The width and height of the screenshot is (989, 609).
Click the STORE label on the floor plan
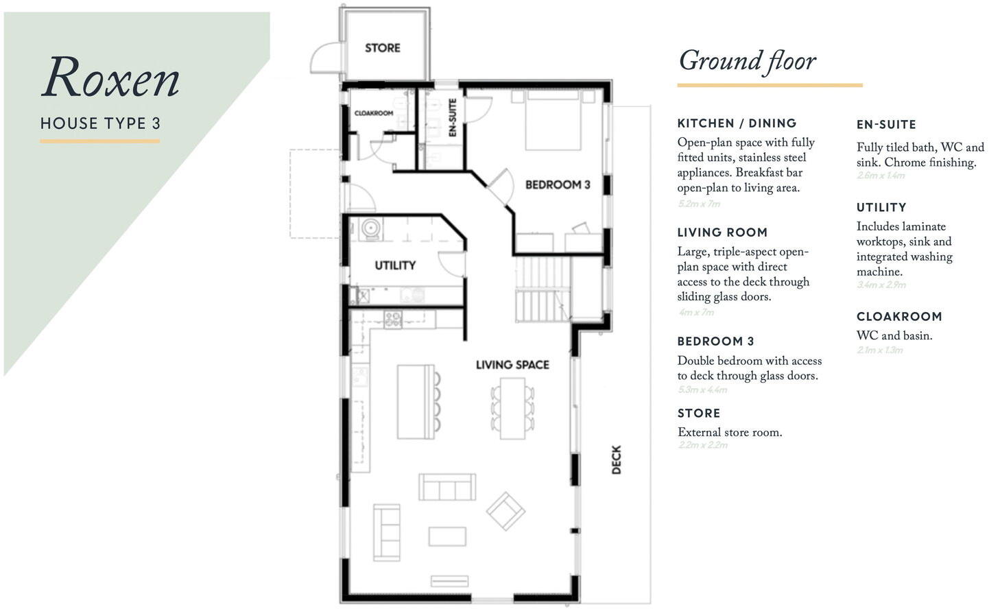pyautogui.click(x=382, y=48)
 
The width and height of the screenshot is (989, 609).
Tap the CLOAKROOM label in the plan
pyautogui.click(x=374, y=113)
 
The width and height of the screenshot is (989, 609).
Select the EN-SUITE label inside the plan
pyautogui.click(x=453, y=117)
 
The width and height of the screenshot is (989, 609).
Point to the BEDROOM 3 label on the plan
pyautogui.click(x=557, y=184)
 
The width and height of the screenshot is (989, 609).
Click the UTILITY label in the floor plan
pyautogui.click(x=395, y=265)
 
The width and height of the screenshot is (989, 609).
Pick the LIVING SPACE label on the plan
pyautogui.click(x=512, y=365)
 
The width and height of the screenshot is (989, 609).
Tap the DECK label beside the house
pyautogui.click(x=616, y=459)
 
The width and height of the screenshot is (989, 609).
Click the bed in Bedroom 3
pyautogui.click(x=553, y=120)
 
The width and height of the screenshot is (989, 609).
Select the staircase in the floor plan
pyautogui.click(x=543, y=288)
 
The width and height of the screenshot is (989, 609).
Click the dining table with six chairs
pyautogui.click(x=512, y=408)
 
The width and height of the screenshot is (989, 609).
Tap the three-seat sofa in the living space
pyautogui.click(x=447, y=487)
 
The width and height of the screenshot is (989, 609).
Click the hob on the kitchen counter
pyautogui.click(x=393, y=318)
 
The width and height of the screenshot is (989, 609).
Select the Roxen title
pyautogui.click(x=111, y=77)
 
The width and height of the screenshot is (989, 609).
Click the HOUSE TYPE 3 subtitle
pyautogui.click(x=100, y=123)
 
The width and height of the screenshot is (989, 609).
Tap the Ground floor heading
pyautogui.click(x=748, y=61)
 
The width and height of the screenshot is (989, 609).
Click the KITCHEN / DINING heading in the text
pyautogui.click(x=737, y=123)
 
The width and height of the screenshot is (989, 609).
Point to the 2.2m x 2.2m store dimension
pyautogui.click(x=703, y=445)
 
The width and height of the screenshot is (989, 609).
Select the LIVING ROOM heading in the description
pyautogui.click(x=722, y=232)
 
